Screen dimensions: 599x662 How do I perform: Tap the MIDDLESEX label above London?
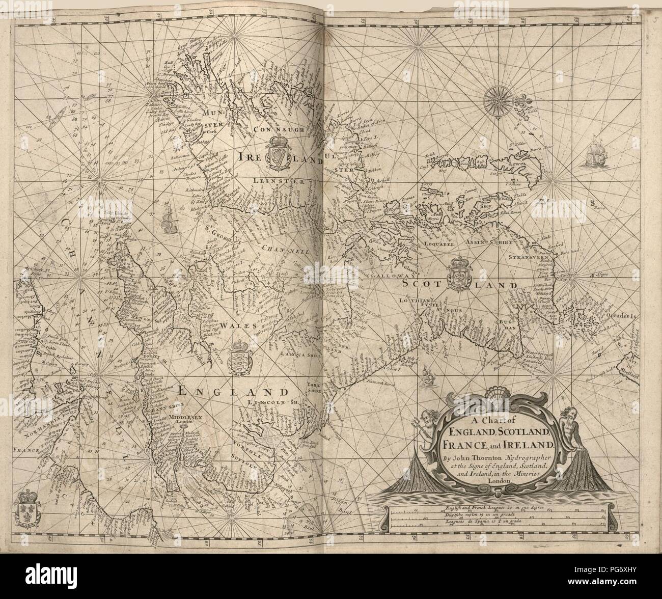189,416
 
